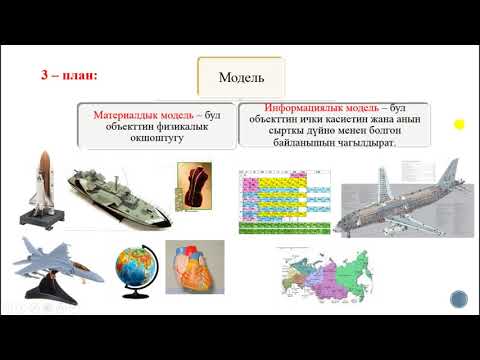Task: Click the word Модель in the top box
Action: pyautogui.click(x=240, y=76)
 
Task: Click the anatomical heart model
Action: pyautogui.click(x=194, y=264)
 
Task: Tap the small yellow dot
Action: pyautogui.click(x=459, y=125)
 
